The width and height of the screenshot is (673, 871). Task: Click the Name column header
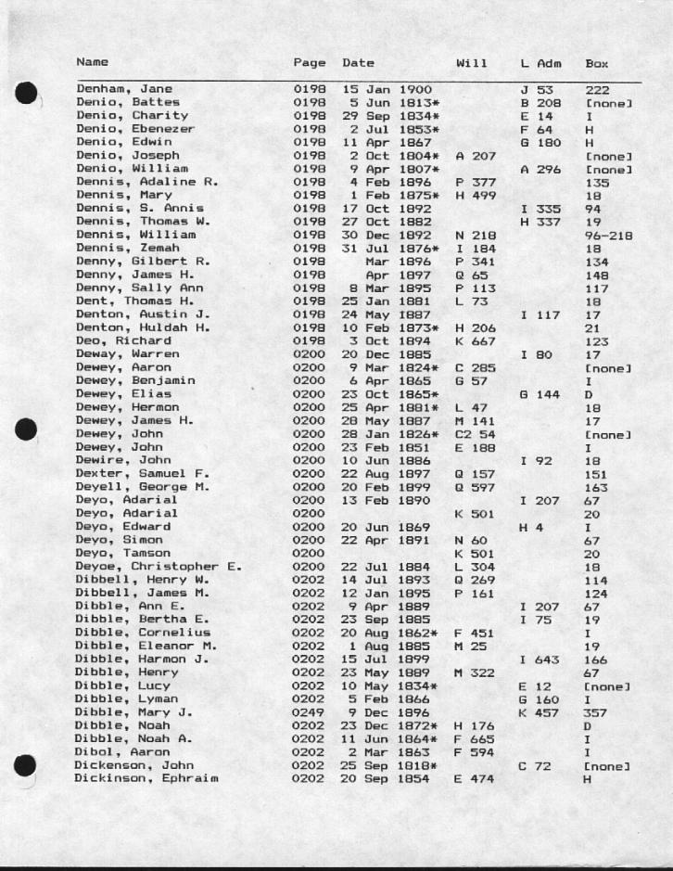(92, 62)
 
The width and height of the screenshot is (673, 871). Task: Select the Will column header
(471, 63)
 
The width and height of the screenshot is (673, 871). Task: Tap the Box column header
(597, 63)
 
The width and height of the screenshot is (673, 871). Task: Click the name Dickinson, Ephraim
(146, 778)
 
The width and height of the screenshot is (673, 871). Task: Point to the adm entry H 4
(531, 527)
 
